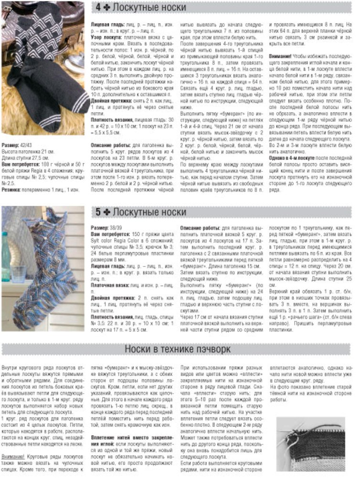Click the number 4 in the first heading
pyautogui.click(x=97, y=8)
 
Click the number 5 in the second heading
pyautogui.click(x=97, y=212)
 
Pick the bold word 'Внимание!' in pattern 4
pyautogui.click(x=282, y=56)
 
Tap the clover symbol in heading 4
pyautogui.click(x=107, y=8)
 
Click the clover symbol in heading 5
pyautogui.click(x=107, y=212)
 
